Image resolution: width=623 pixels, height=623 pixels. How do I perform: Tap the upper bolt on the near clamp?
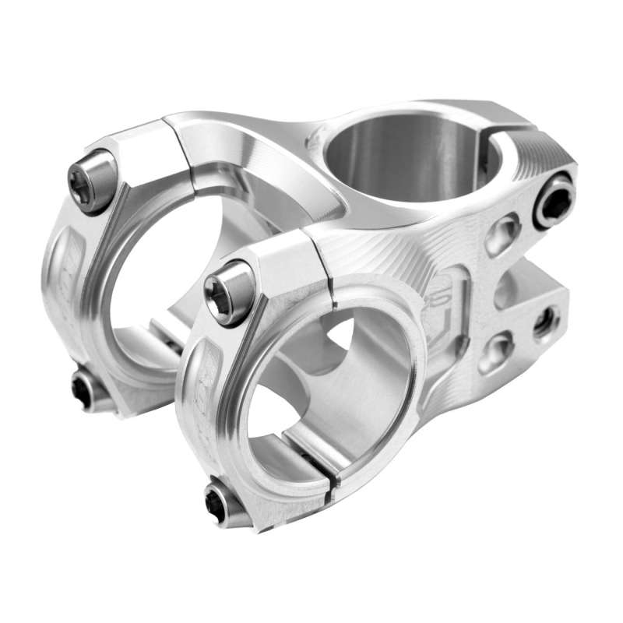point(228,292)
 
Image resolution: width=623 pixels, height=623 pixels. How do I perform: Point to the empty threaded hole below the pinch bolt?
point(545,321)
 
